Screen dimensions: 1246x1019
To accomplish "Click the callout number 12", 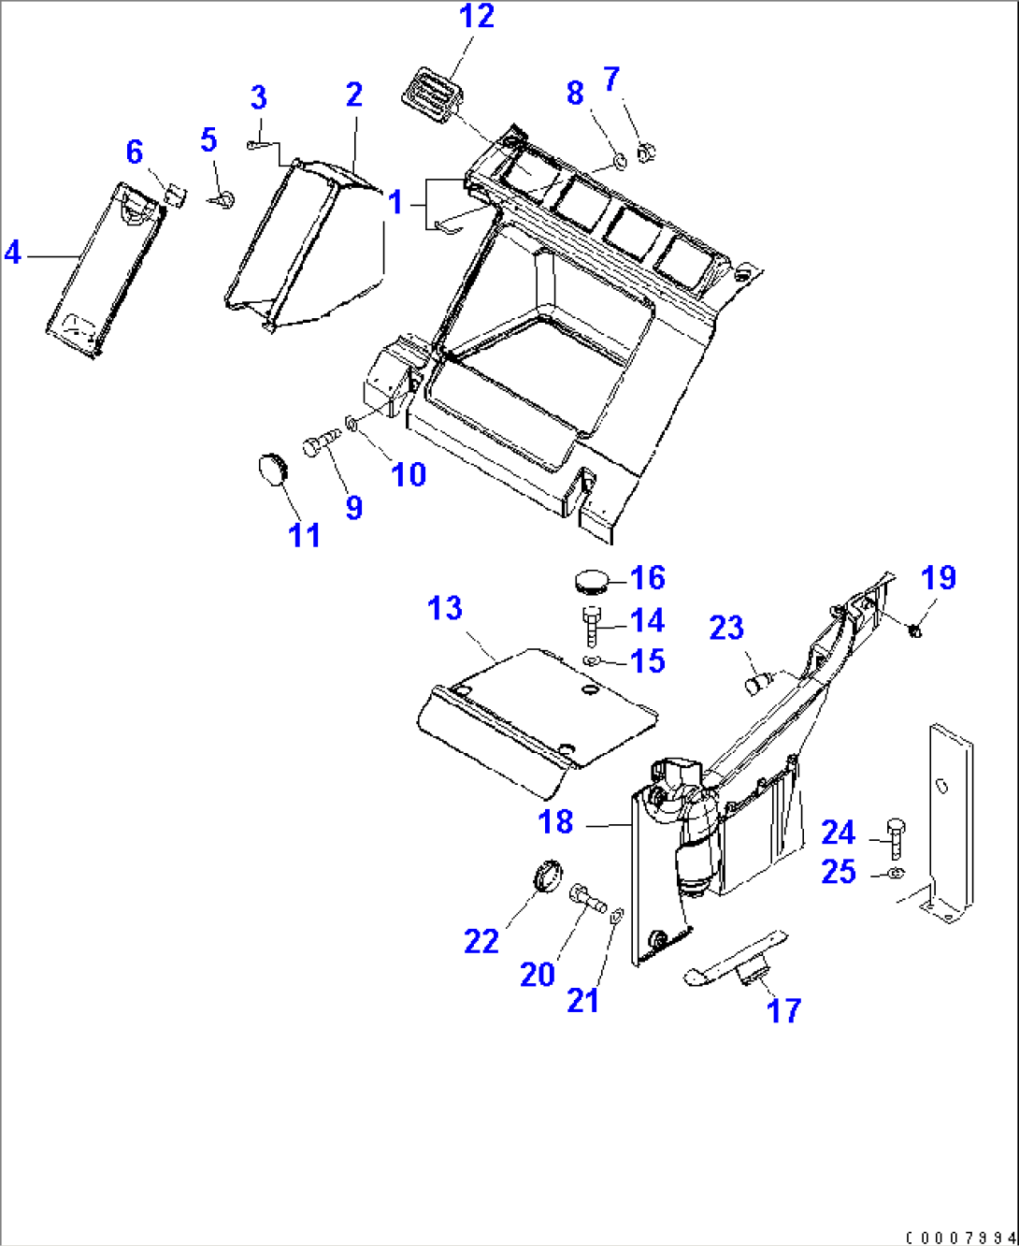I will point(476,17).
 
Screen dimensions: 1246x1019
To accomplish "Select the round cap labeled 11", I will point(272,469).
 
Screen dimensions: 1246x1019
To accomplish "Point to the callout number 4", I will point(12,253).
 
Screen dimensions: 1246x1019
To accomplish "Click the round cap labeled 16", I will point(588,580).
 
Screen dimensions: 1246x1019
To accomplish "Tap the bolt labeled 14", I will point(592,626).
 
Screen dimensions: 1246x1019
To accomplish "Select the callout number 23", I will point(726,628).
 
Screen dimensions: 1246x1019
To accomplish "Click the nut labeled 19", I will point(915,632).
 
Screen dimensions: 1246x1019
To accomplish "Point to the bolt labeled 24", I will point(895,837).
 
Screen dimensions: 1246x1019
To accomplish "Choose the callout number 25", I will point(839,872).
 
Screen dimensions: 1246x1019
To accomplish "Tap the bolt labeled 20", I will point(585,897).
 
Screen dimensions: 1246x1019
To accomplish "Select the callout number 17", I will point(783,1010).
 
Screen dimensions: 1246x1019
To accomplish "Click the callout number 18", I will point(555,822).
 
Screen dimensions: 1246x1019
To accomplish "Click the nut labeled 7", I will point(645,151).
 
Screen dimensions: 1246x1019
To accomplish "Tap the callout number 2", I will point(353,94).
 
